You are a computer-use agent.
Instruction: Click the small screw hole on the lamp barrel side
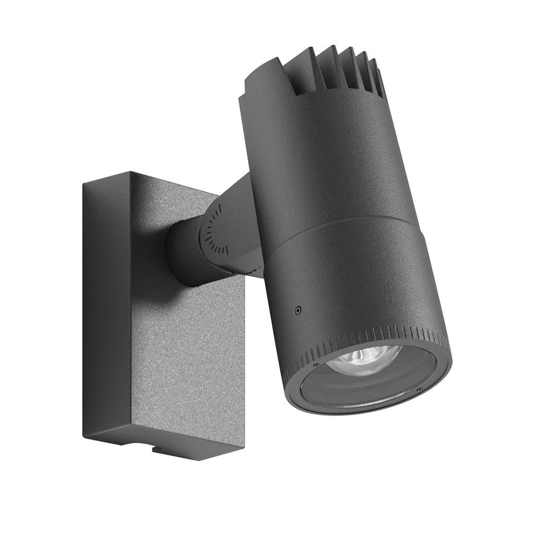click(x=298, y=310)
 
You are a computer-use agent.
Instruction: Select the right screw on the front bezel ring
click(x=419, y=390)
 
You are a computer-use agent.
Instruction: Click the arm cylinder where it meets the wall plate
click(x=180, y=256)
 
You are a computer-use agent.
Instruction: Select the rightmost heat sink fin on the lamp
click(x=379, y=78)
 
